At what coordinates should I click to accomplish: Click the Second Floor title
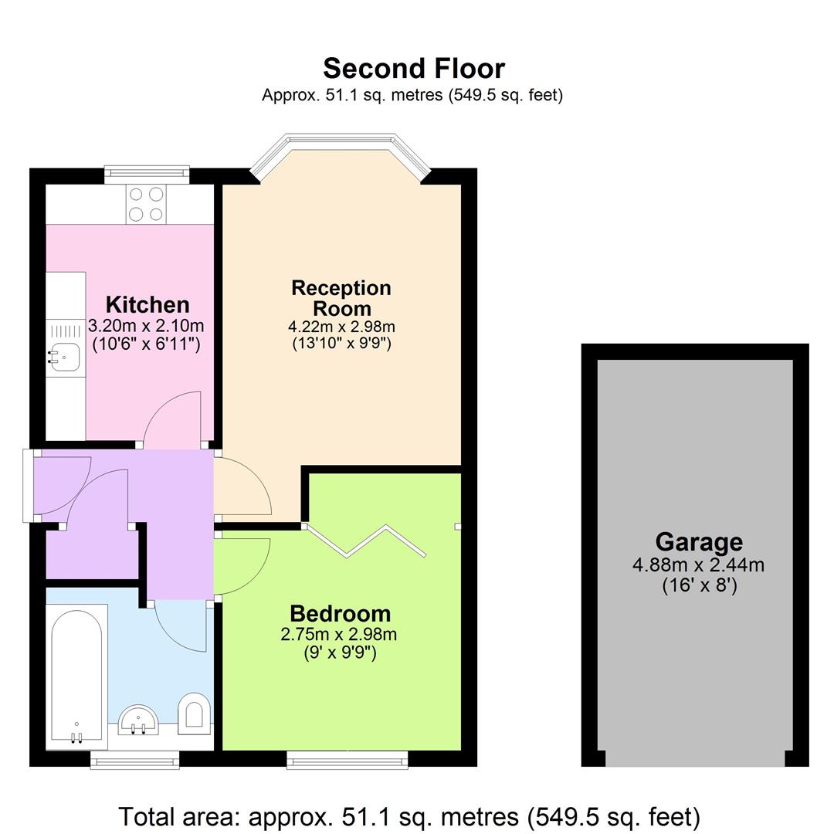point(414,69)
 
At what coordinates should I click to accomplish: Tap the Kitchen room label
point(147,304)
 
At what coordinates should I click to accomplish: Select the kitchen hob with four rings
point(146,205)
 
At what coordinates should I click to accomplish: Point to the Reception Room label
point(341,297)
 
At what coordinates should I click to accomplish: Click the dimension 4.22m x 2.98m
point(341,327)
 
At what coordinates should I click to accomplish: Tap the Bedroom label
point(340,614)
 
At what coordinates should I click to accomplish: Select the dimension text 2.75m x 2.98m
point(340,635)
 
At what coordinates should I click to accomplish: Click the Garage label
point(699,542)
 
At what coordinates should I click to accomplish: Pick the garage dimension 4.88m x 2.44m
point(699,565)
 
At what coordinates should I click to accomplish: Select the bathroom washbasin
point(140,719)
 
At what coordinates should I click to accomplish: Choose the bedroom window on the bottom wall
point(347,761)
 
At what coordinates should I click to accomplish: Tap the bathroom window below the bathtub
point(134,761)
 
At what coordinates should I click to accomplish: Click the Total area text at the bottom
point(409,816)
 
